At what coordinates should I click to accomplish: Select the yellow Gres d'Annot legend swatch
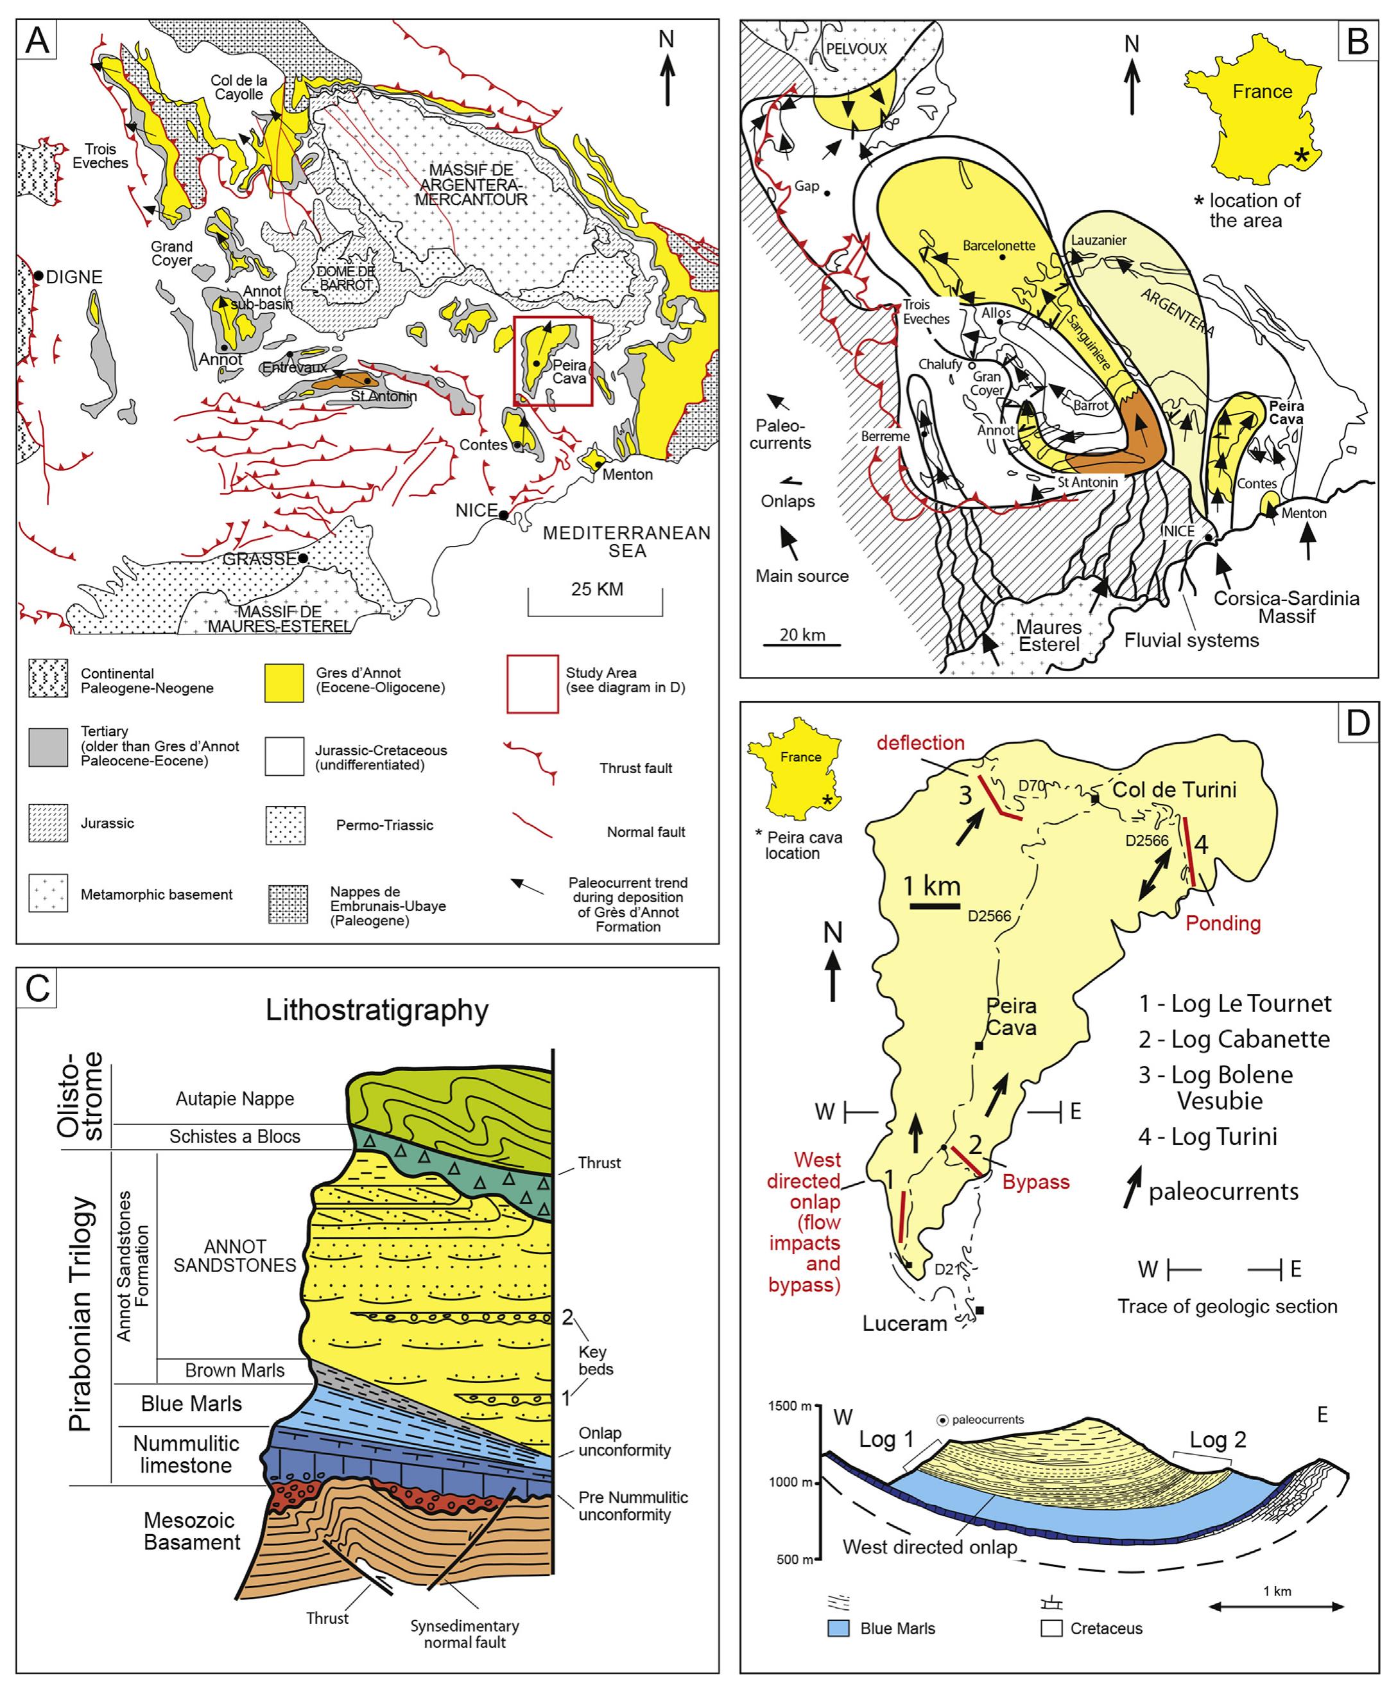tap(284, 683)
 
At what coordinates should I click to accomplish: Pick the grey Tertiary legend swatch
tap(48, 746)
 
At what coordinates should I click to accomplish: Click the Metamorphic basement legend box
tap(48, 894)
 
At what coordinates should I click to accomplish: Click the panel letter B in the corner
tap(1358, 42)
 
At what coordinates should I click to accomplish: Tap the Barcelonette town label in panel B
tap(999, 245)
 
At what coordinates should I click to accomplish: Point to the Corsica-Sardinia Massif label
tap(1286, 607)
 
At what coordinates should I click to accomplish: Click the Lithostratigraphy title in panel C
tap(377, 1009)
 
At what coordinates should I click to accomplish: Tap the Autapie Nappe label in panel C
tap(234, 1099)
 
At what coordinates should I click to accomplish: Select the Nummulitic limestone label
tap(186, 1454)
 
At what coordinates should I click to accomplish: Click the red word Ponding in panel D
tap(1222, 923)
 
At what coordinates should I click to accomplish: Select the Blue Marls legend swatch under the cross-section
tap(838, 1628)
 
